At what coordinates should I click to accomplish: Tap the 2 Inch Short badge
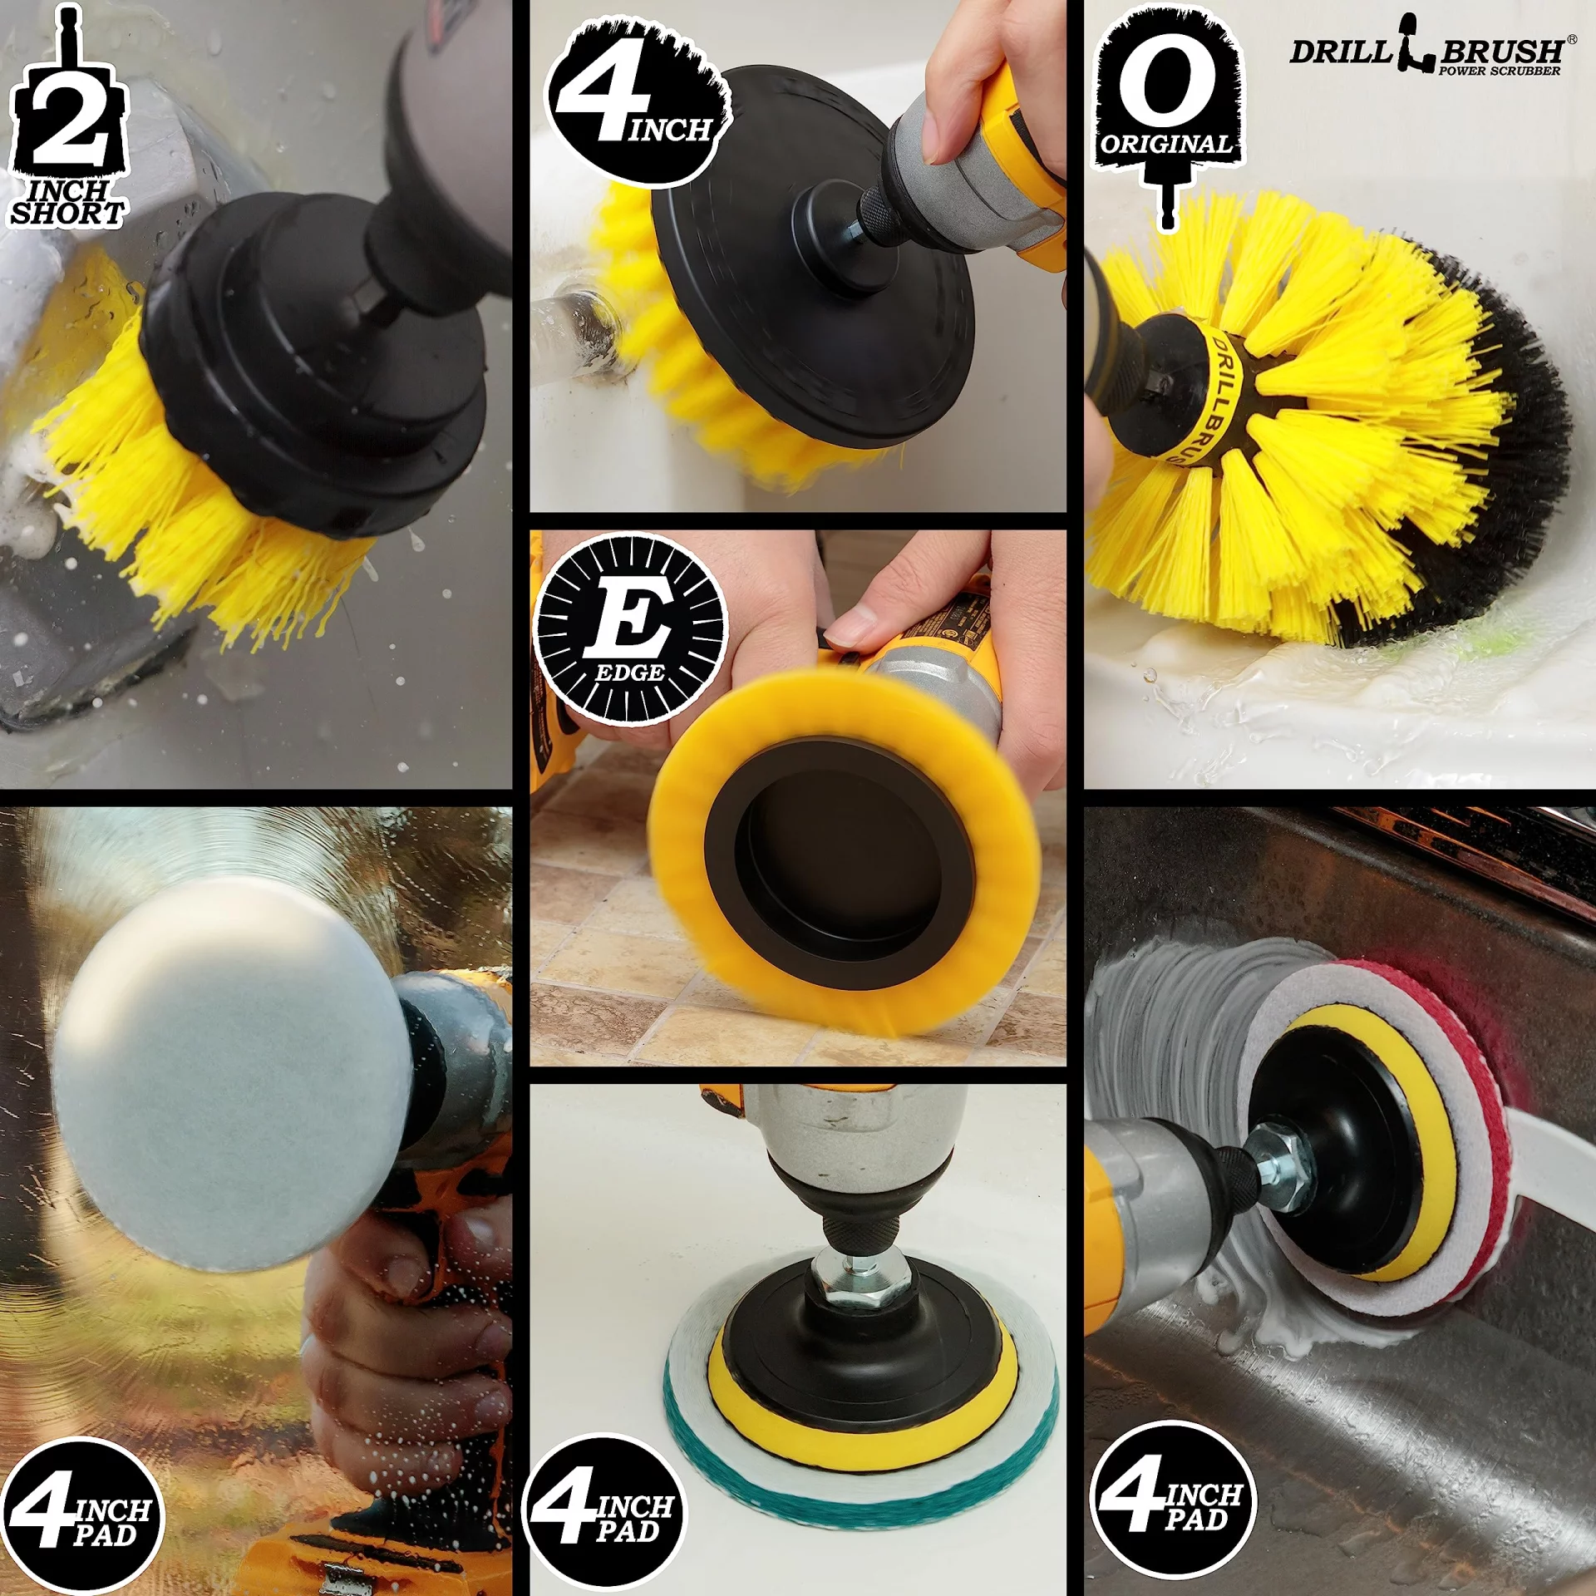pyautogui.click(x=69, y=116)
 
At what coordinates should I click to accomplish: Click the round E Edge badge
pyautogui.click(x=630, y=629)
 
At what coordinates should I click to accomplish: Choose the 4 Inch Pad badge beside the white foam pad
pyautogui.click(x=82, y=1517)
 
